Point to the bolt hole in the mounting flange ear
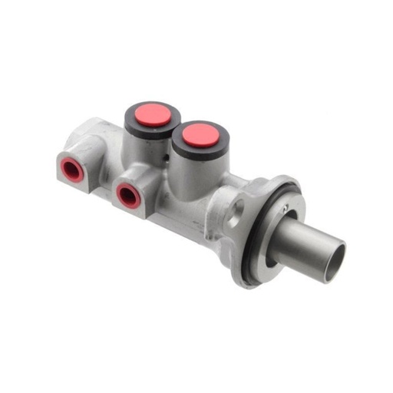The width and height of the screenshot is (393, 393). [x=238, y=206]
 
